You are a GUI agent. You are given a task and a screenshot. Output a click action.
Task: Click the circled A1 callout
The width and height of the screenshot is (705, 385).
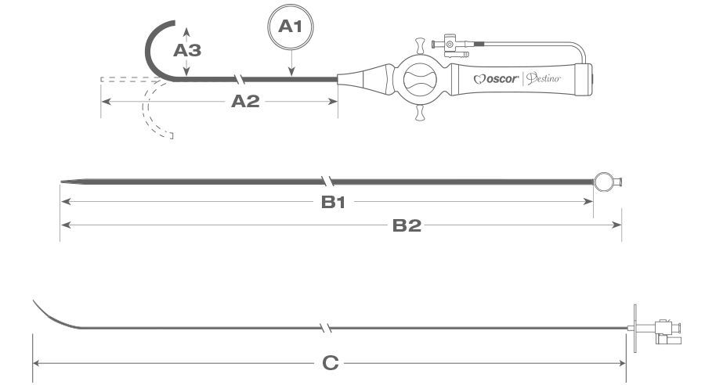[291, 27]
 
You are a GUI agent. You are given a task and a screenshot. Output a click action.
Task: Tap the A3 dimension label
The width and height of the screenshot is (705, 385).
[186, 51]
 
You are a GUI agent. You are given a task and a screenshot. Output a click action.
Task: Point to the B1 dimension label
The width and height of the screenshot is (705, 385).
[333, 202]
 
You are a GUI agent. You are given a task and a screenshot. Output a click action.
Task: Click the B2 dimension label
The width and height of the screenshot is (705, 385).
[407, 225]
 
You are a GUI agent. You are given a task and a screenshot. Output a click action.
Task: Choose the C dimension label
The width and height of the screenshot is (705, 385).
[330, 362]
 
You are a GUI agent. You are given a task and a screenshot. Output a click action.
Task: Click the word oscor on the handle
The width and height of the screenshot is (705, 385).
[497, 78]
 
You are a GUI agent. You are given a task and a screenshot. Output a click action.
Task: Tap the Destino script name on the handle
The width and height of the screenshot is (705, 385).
[543, 78]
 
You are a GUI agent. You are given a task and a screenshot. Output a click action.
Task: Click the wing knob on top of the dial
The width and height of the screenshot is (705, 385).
[419, 42]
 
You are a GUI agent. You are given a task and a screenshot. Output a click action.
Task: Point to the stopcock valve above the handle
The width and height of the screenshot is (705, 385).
[451, 45]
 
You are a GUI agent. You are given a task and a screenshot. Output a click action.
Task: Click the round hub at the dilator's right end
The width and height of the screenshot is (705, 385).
[604, 183]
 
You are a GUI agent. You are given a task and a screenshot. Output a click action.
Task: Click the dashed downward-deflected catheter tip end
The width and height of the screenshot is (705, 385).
[168, 136]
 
